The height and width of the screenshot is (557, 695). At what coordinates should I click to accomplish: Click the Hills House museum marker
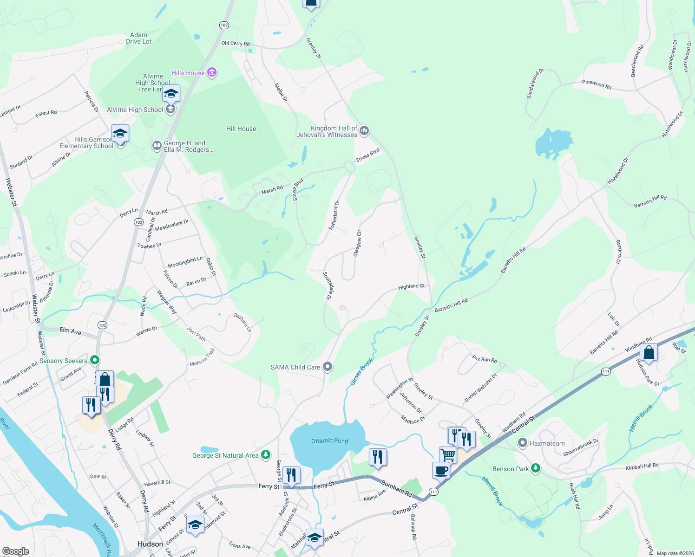212,73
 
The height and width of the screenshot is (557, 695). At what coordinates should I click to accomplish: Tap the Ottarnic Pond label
329,440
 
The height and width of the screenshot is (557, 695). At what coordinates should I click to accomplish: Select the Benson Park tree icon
536,468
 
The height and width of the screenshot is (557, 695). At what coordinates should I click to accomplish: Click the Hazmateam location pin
523,443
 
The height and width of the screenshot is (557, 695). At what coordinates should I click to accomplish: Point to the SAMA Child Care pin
328,367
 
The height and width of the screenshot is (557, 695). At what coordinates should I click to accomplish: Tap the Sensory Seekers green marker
95,360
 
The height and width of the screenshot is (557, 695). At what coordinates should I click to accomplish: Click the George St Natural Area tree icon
265,455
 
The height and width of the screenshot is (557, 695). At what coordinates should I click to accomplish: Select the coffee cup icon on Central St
441,470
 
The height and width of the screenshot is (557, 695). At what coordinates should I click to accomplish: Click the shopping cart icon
448,455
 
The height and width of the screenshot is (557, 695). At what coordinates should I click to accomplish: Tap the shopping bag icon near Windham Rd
649,352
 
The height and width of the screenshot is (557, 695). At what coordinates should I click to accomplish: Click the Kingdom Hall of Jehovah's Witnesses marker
364,131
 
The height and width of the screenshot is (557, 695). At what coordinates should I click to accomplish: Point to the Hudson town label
150,544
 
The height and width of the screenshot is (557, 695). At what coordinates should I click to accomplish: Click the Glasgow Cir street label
357,243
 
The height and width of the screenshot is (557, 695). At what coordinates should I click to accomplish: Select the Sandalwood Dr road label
535,84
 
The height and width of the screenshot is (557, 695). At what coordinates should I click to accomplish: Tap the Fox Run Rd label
485,359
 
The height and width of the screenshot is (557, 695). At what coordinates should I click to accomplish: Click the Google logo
16,551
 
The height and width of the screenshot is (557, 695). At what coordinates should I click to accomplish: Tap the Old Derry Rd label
235,43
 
